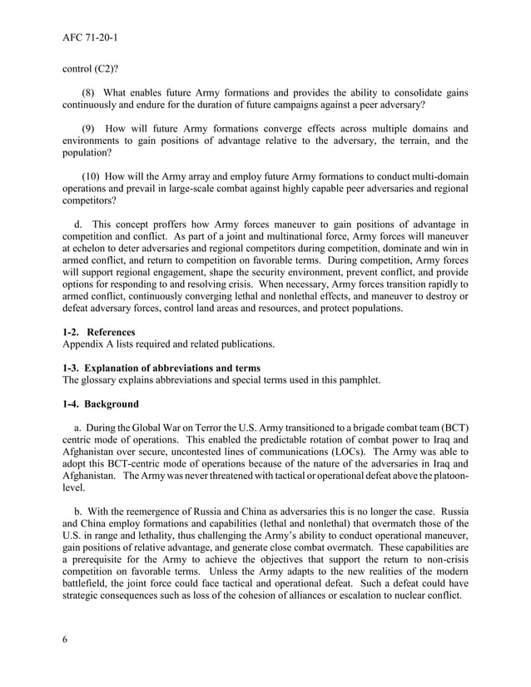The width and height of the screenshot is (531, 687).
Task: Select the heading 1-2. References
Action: point(99,332)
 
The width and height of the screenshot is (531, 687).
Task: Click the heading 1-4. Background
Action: point(101,404)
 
